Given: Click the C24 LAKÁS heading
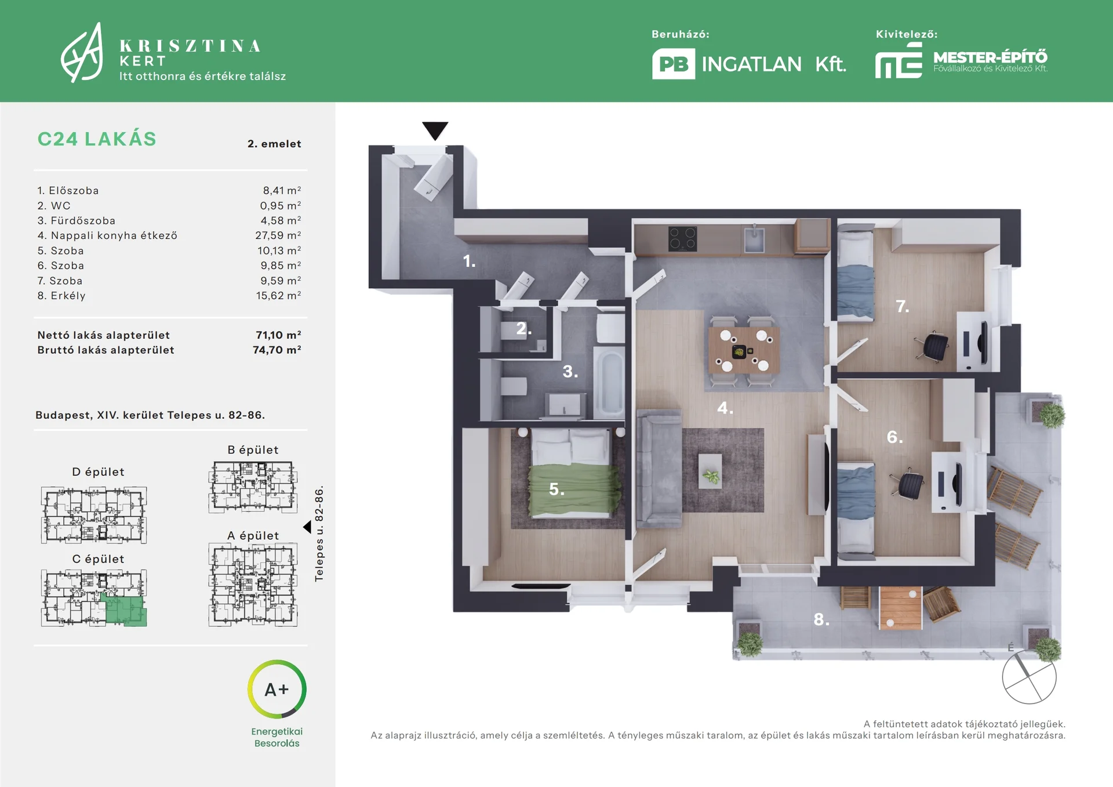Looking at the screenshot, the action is tap(97, 139).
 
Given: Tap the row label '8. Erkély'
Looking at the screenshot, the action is tap(61, 296).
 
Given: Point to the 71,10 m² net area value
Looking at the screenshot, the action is tap(278, 335).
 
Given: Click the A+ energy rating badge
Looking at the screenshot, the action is tap(277, 689).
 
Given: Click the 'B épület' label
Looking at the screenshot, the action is tap(253, 449).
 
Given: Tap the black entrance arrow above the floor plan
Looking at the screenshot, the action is tap(435, 130).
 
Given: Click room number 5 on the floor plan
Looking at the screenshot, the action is tap(556, 489).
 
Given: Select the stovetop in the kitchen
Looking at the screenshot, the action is tap(682, 238).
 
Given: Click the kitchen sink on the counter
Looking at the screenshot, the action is tap(754, 240).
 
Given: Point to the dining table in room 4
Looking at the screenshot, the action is tap(743, 350).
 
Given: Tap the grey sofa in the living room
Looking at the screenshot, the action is tap(659, 468).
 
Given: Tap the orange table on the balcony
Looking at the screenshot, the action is tap(900, 607).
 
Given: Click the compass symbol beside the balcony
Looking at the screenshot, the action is tap(1029, 676).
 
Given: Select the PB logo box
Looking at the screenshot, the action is tap(674, 64).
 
